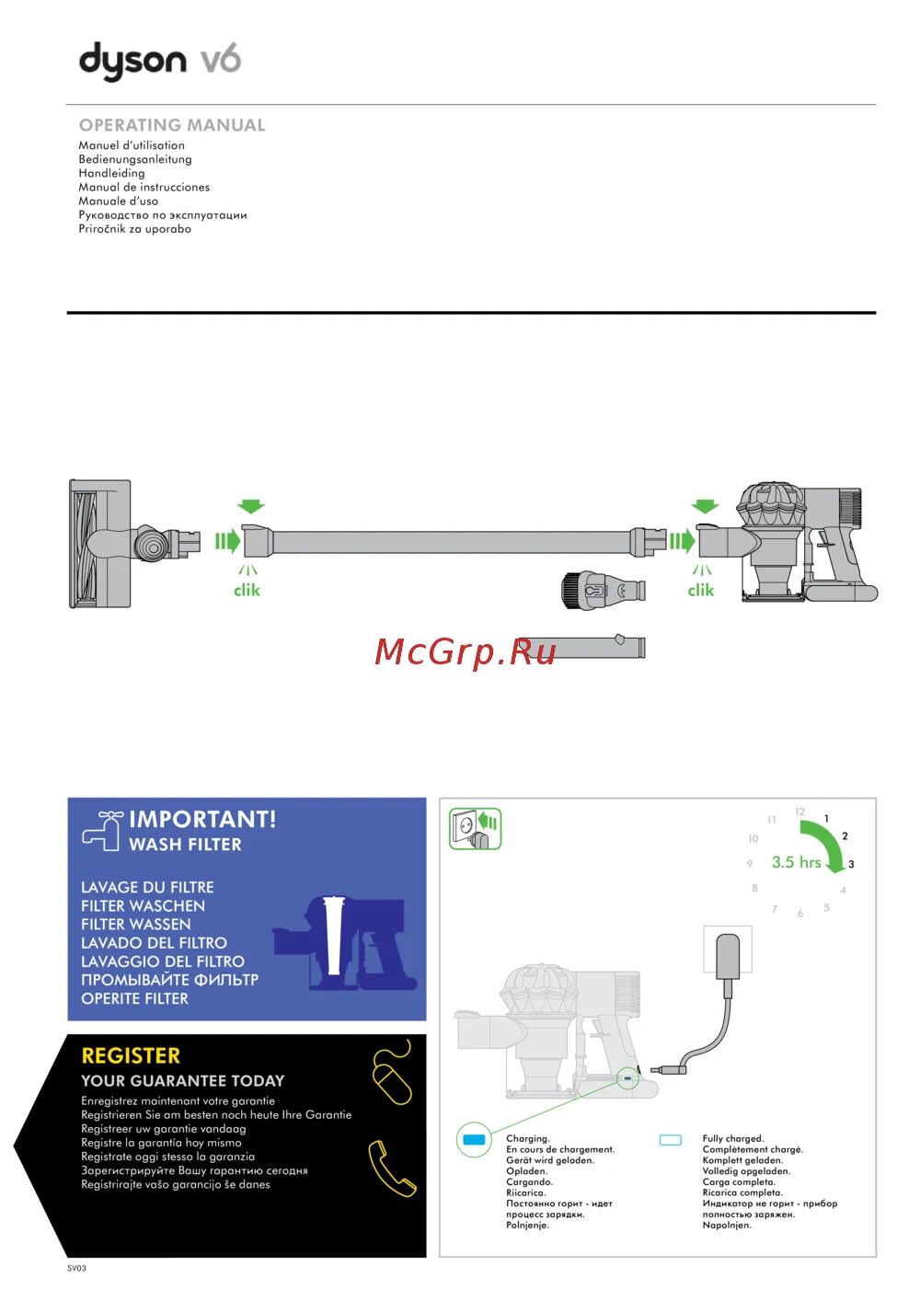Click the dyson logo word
pyautogui.click(x=133, y=63)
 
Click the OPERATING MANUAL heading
pyautogui.click(x=172, y=125)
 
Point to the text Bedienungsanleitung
pyautogui.click(x=135, y=159)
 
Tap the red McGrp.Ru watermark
pyautogui.click(x=466, y=652)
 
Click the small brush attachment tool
pyautogui.click(x=603, y=589)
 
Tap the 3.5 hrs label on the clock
pyautogui.click(x=796, y=862)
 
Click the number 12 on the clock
pyautogui.click(x=799, y=812)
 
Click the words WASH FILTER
pyautogui.click(x=185, y=845)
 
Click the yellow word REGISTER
pyautogui.click(x=131, y=1056)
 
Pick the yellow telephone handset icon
pyautogui.click(x=392, y=1169)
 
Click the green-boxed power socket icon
pyautogui.click(x=475, y=829)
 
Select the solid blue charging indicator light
pyautogui.click(x=474, y=1140)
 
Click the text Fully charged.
pyautogui.click(x=733, y=1138)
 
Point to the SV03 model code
pyautogui.click(x=76, y=1268)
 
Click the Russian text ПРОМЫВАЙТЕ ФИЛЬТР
pyautogui.click(x=169, y=980)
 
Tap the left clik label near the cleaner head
pyautogui.click(x=247, y=591)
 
